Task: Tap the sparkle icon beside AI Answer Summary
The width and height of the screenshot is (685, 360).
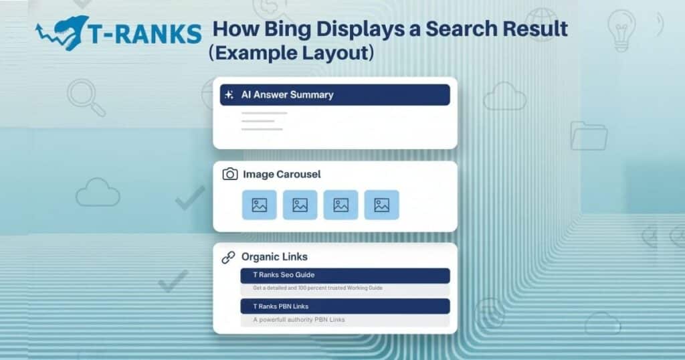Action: [229, 95]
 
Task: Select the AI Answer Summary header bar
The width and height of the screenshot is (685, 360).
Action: [334, 95]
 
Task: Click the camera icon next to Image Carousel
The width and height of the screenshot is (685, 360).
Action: [230, 174]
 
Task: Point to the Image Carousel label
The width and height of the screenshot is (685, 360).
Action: [282, 174]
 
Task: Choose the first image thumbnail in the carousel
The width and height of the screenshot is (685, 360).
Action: [259, 205]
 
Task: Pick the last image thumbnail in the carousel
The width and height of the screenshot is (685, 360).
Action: [381, 205]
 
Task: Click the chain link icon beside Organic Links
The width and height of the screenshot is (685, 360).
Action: [229, 257]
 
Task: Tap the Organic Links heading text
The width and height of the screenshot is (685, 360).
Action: [274, 257]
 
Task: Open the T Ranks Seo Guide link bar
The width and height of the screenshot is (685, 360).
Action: [345, 275]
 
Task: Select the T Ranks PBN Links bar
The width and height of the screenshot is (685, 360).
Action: [345, 306]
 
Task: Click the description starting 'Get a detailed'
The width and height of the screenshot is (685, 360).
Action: [318, 288]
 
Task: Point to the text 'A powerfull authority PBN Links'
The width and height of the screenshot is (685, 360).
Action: [299, 320]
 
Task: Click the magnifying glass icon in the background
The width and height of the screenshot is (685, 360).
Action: [86, 98]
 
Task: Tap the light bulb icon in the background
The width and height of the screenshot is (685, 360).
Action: [621, 30]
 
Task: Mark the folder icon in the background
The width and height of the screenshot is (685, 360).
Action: [589, 135]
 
